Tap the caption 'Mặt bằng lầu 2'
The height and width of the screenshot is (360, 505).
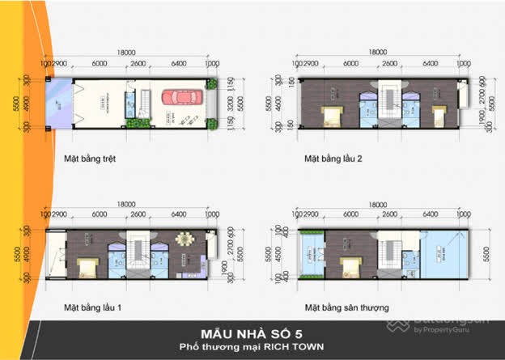(x=332, y=159)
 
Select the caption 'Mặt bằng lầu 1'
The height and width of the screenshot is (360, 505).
(x=93, y=308)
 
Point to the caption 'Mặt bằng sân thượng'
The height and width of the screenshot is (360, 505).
(x=346, y=308)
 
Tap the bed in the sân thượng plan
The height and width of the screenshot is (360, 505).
(x=349, y=265)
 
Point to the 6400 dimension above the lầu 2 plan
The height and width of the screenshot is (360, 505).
(x=430, y=63)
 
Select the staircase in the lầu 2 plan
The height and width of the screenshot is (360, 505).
(x=391, y=98)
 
